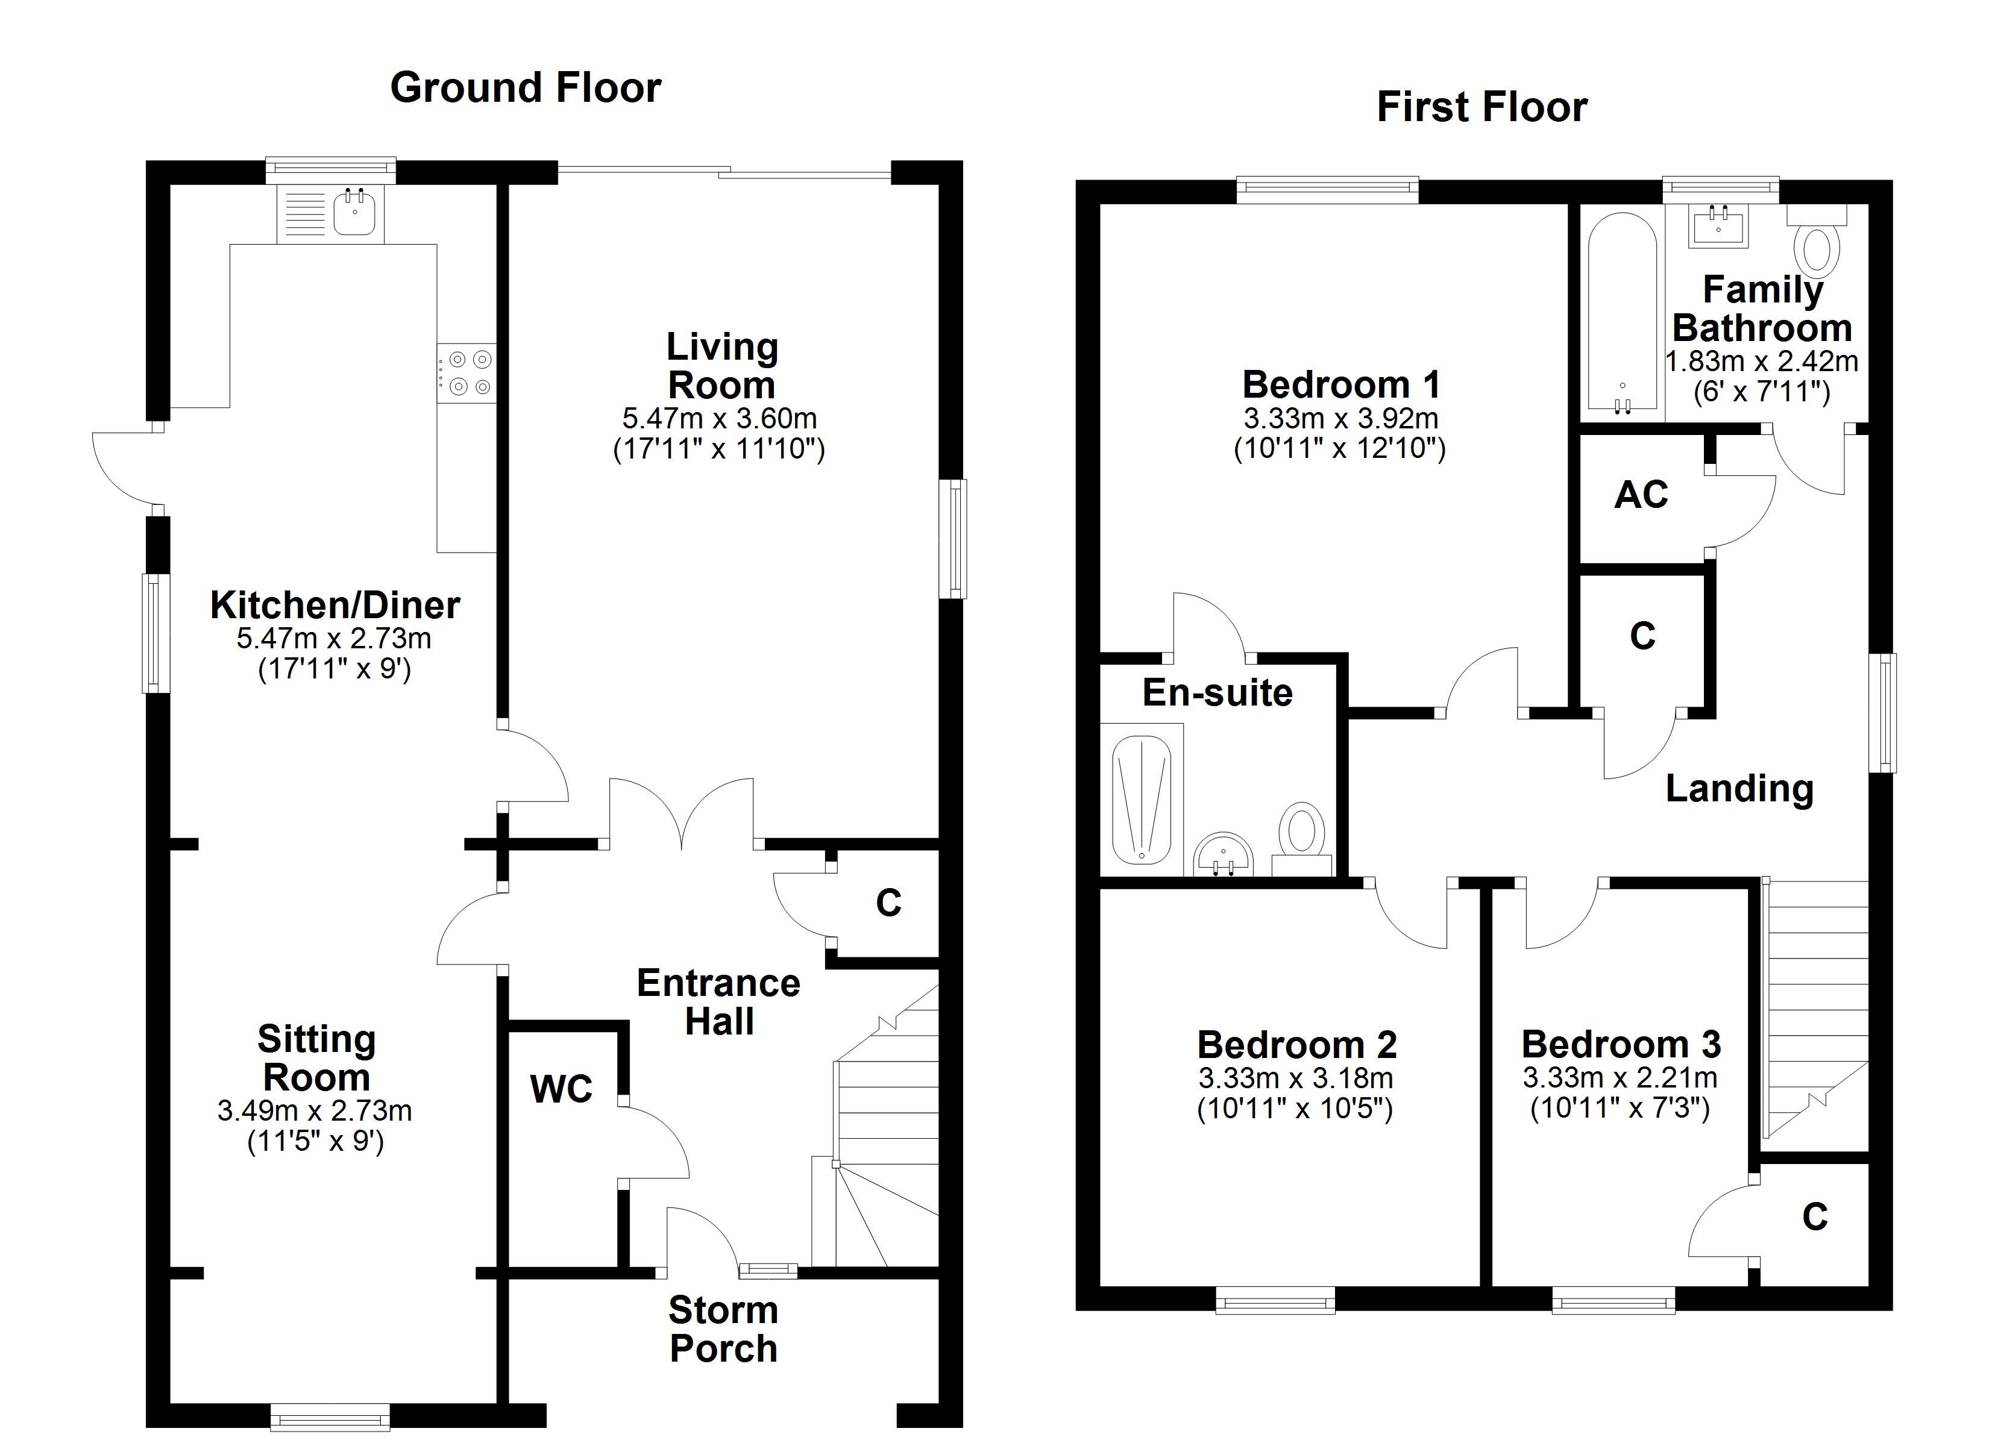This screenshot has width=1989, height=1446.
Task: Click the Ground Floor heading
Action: pos(526,89)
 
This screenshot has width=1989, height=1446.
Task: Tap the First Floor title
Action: pos(1482,108)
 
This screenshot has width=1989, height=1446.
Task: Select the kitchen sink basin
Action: pos(355,213)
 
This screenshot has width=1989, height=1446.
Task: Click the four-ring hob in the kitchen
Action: pos(466,373)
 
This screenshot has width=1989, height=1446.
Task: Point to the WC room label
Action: pos(561,1089)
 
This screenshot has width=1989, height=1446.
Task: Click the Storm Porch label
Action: pos(723,1329)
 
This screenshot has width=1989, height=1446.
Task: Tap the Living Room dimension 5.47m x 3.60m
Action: pos(719,418)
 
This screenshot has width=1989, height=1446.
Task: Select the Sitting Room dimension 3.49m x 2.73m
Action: pos(315,1111)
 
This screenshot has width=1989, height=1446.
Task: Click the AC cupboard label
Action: pos(1641,495)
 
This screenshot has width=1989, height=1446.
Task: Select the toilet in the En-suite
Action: pos(1301,833)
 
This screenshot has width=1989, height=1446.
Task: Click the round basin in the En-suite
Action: pos(1224,853)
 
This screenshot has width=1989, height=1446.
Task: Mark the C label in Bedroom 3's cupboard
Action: pos(1814,1217)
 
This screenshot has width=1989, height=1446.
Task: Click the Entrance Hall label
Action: pos(718,1003)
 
